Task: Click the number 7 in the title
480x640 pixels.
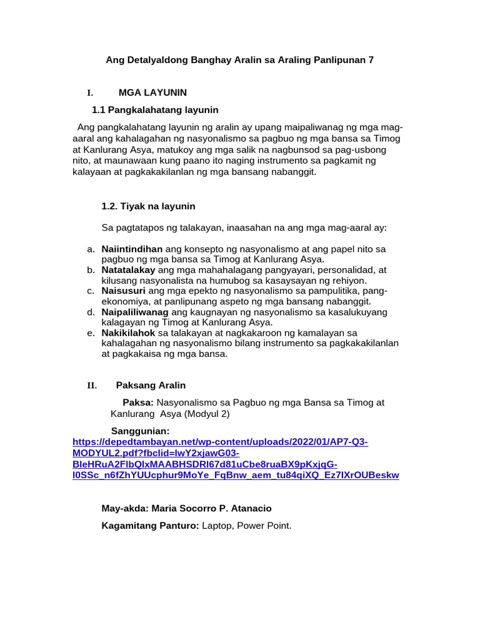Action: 371,60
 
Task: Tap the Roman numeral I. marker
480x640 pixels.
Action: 90,93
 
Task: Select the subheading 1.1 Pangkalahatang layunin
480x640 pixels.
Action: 155,110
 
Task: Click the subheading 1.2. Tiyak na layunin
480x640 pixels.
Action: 148,206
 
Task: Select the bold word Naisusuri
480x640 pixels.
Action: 123,291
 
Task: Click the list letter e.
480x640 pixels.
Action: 91,333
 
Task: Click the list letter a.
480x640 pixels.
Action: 91,249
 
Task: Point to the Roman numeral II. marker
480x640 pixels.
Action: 91,386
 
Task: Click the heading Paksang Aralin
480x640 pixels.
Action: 151,386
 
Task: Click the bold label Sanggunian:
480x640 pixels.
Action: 140,431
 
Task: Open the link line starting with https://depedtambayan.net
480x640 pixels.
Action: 220,442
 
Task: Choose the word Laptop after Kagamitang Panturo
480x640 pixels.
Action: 218,526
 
